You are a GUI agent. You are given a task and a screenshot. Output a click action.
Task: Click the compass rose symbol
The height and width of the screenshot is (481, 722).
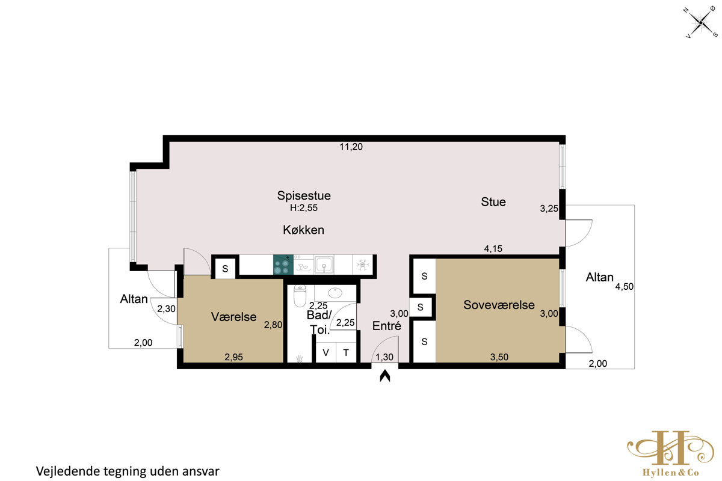701,23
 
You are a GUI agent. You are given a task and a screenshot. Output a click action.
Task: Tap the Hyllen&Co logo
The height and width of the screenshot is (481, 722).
670,453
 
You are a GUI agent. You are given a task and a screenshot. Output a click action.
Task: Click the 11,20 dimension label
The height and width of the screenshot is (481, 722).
351,147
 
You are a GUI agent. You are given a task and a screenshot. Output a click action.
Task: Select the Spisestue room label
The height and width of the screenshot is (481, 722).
304,195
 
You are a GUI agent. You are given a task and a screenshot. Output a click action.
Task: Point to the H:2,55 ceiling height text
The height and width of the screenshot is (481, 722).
304,208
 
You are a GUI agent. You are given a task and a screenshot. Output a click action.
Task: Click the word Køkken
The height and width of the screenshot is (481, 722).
304,230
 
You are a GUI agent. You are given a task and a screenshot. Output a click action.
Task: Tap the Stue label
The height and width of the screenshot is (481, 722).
493,202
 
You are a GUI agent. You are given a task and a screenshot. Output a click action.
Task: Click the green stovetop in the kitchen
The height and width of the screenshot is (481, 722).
283,265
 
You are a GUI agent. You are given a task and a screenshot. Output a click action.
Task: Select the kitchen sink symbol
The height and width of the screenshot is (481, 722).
324,265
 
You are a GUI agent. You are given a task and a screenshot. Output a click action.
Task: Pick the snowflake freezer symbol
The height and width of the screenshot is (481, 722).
363,265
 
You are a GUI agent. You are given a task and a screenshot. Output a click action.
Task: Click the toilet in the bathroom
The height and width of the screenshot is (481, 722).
300,296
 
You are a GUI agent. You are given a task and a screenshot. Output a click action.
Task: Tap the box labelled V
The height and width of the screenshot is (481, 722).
326,352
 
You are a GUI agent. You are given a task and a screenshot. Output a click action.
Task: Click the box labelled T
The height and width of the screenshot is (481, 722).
346,352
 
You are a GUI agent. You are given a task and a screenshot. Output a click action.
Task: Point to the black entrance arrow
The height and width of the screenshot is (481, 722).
385,376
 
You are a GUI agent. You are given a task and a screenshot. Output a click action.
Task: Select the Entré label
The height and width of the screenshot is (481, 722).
387,326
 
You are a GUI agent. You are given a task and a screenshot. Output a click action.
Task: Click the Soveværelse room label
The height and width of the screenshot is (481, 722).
499,305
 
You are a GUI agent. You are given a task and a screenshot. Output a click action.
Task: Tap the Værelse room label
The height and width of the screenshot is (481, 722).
233,317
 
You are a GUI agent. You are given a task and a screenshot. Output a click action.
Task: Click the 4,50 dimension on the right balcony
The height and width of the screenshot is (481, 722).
625,286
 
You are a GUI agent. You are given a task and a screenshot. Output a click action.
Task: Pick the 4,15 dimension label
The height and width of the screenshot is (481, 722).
493,248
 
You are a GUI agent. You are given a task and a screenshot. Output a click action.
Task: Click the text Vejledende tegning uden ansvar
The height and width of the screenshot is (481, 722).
128,471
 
